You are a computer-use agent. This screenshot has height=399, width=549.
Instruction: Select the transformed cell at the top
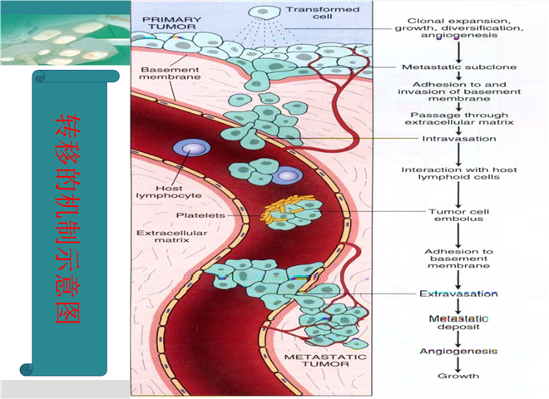[x=268, y=12]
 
